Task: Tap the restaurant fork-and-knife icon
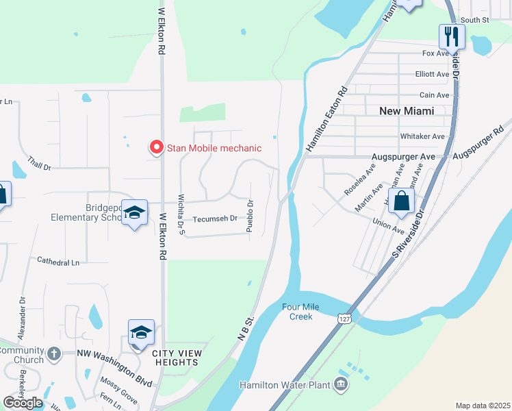click(x=452, y=36)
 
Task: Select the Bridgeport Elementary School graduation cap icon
click(x=135, y=213)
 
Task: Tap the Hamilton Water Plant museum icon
click(x=341, y=385)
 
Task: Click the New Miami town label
click(x=407, y=110)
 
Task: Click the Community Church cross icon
click(x=55, y=354)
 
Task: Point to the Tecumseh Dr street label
click(x=214, y=219)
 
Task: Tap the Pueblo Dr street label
click(x=250, y=214)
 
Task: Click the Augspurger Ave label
click(x=403, y=157)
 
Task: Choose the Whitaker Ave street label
click(x=422, y=136)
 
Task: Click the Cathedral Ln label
click(x=58, y=261)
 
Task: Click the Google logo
click(x=23, y=403)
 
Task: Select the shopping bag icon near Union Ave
click(x=401, y=201)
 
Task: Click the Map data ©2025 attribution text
click(x=483, y=406)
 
